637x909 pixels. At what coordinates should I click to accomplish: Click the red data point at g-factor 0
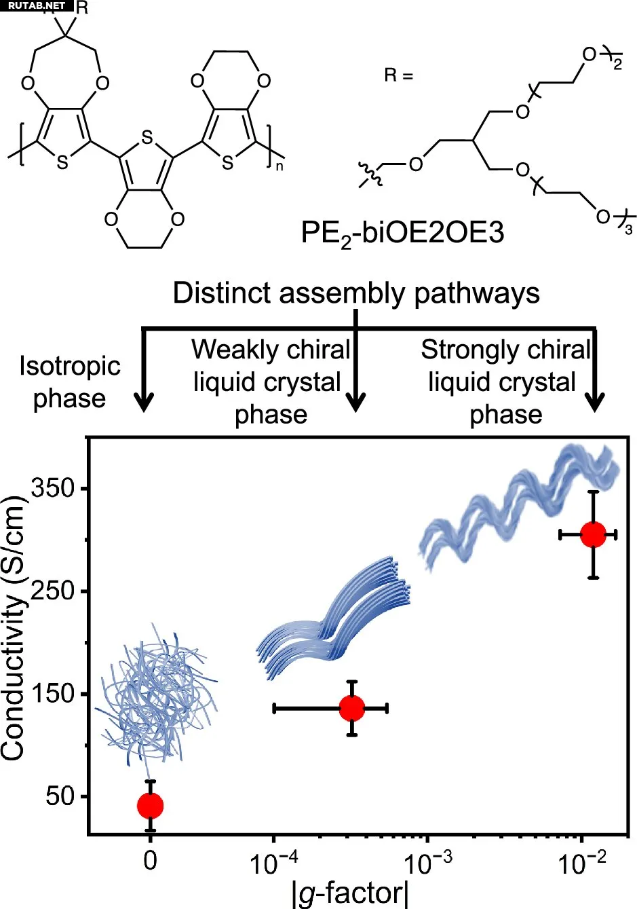[150, 805]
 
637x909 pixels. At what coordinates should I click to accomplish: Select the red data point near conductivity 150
[351, 708]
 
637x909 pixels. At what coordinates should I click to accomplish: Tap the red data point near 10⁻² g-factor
[593, 534]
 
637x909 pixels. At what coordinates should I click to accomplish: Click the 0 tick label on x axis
[150, 859]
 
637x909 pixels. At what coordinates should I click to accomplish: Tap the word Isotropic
[69, 367]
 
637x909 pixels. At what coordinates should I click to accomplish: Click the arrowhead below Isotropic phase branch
[143, 402]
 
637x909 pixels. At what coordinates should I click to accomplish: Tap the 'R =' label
[398, 76]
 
